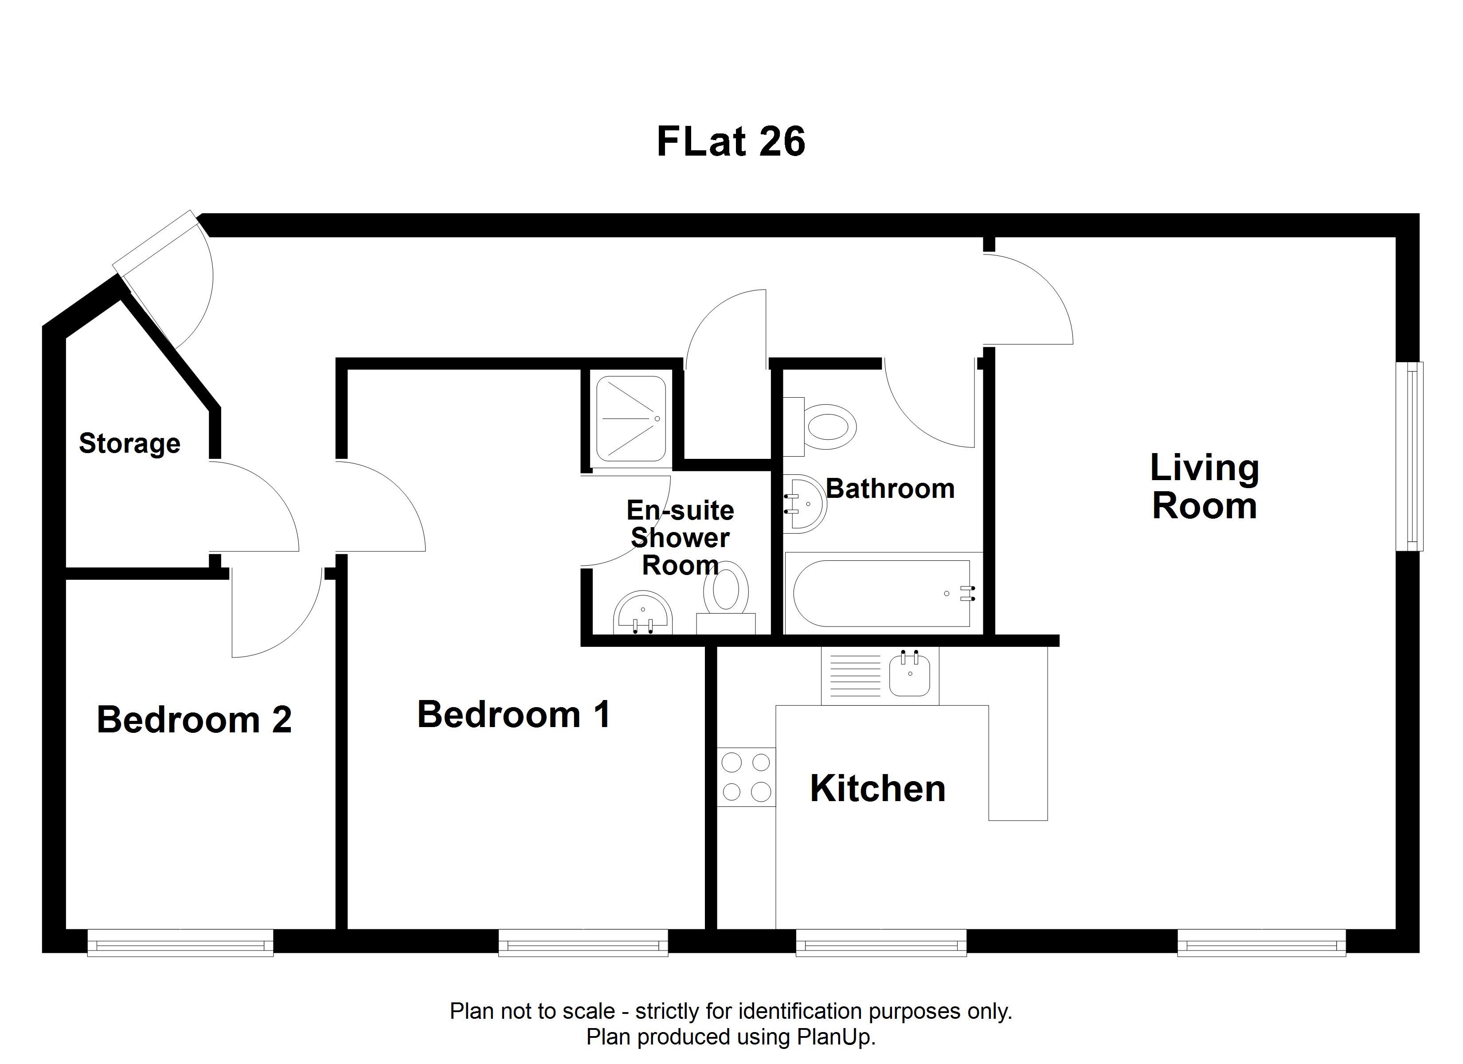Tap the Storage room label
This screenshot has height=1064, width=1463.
pos(129,444)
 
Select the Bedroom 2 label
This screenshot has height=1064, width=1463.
pos(194,720)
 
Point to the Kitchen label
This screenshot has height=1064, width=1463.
pos(878,789)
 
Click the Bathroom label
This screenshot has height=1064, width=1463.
pos(890,489)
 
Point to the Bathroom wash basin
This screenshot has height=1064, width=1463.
pos(805,504)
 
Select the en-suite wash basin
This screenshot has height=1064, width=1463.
pos(642,612)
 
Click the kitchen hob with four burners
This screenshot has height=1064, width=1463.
pos(746,777)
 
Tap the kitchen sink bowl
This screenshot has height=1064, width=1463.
pos(910,675)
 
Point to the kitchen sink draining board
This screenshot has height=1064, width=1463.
pos(855,676)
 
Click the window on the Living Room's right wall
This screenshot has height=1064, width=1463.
pos(1409,456)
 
